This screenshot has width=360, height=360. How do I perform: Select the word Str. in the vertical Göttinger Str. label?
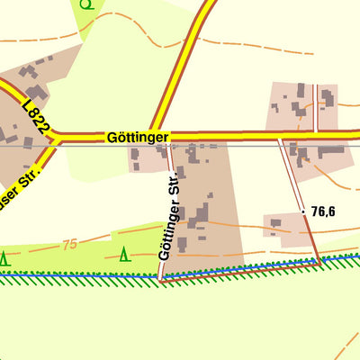(x=174, y=192)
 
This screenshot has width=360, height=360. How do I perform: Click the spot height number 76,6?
(x=323, y=211)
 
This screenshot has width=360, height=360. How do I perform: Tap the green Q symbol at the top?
(x=85, y=4)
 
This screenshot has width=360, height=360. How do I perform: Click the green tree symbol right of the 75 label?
(x=124, y=255)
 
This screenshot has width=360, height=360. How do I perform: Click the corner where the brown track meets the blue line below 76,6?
(x=320, y=262)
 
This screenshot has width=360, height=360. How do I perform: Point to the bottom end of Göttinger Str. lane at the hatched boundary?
(x=162, y=279)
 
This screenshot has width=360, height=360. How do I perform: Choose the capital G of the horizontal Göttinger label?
(x=111, y=138)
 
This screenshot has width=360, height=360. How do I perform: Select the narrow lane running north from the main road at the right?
(x=318, y=108)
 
